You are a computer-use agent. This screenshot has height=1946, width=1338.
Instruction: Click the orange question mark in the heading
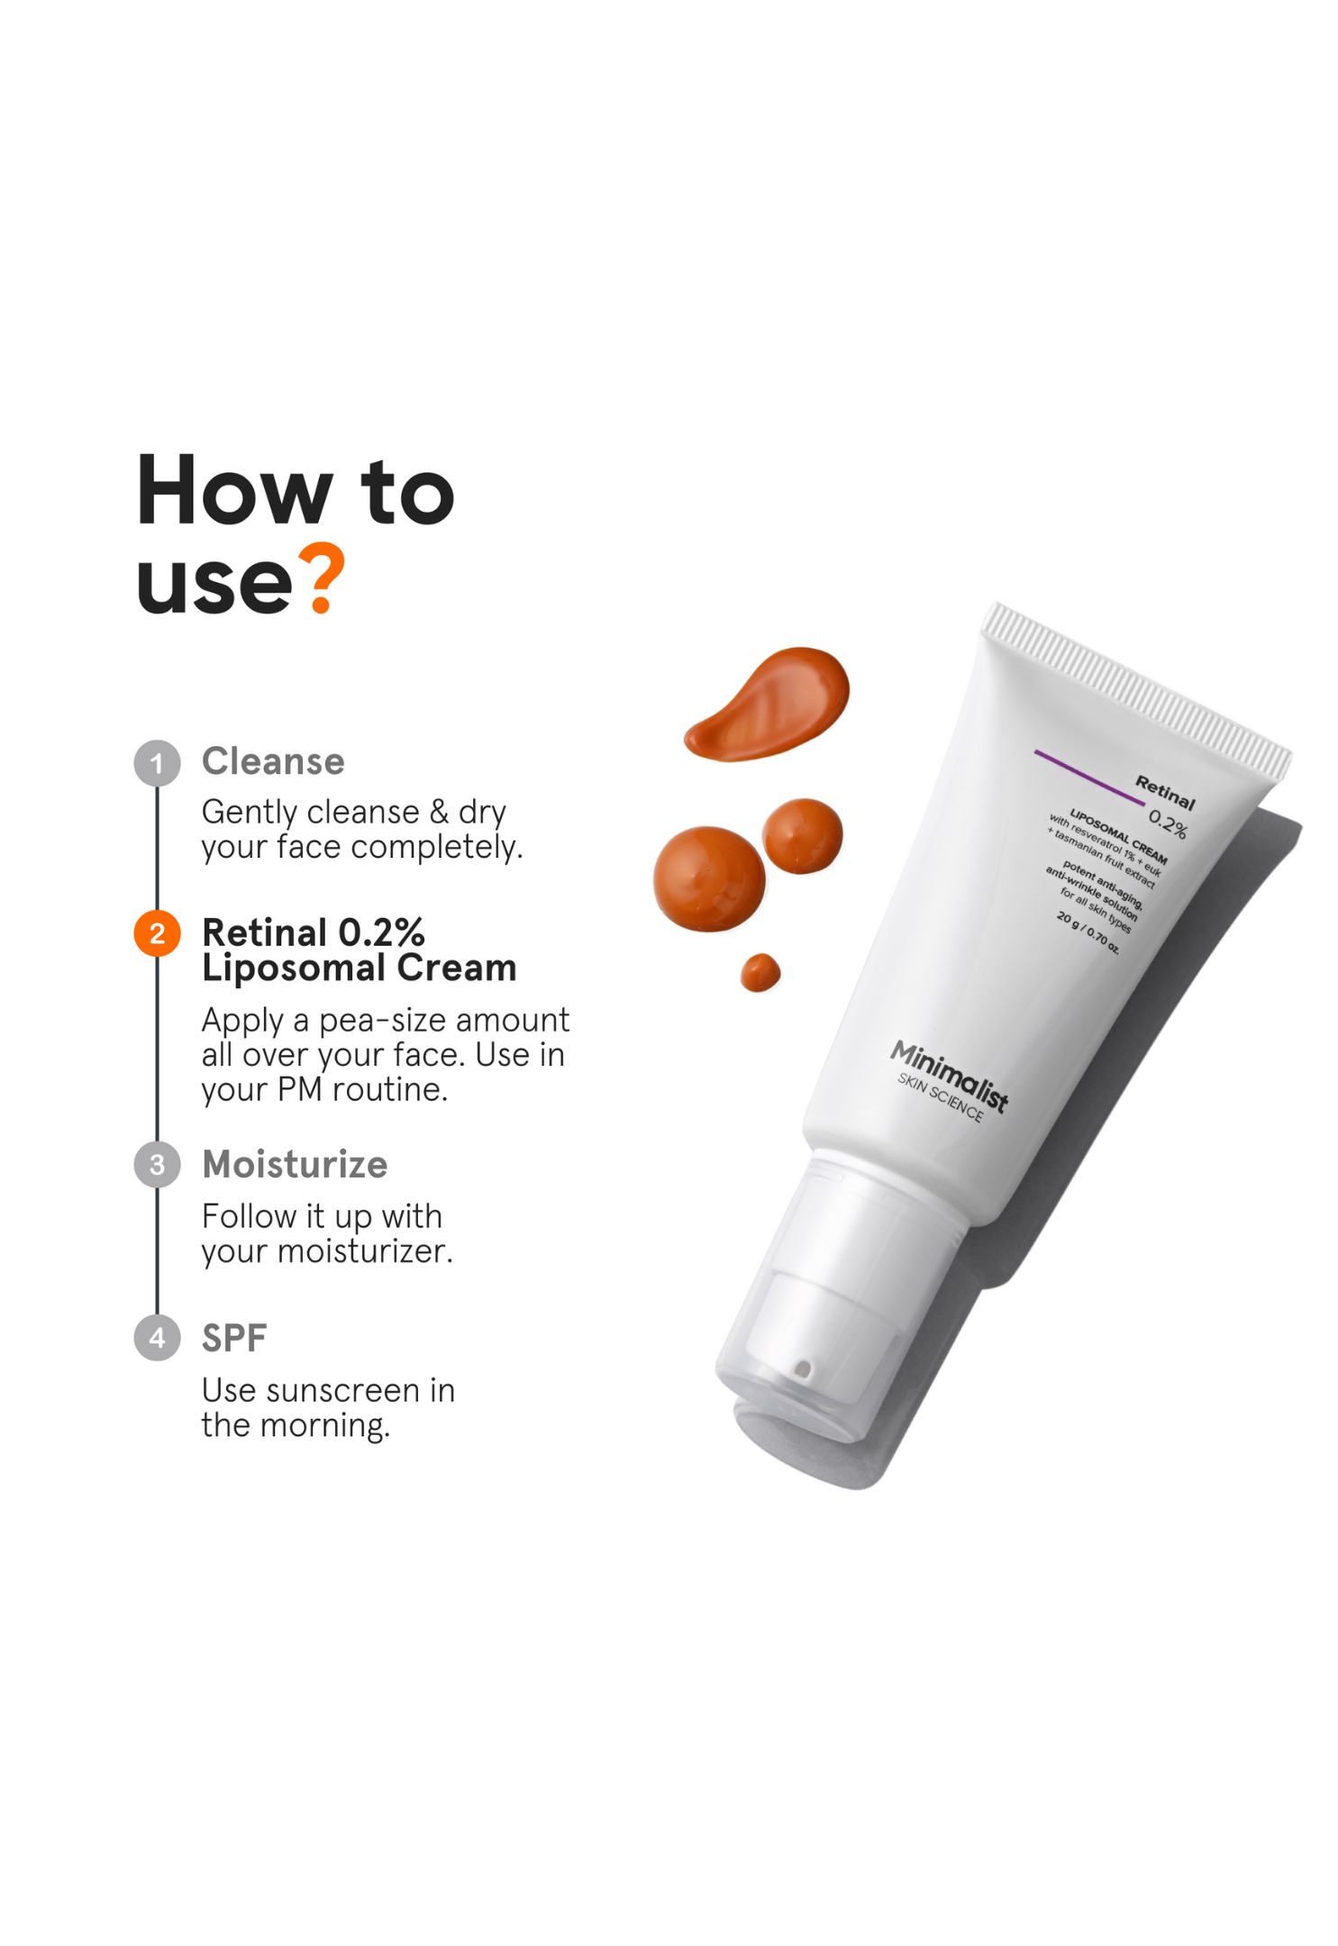tap(323, 578)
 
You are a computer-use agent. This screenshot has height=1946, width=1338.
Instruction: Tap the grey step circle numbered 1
tap(158, 763)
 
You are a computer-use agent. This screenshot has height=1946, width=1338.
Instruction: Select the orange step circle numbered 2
tap(158, 933)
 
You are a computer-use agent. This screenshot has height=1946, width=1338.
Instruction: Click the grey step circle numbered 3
tap(158, 1165)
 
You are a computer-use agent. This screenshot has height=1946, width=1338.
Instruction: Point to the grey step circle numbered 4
tap(158, 1338)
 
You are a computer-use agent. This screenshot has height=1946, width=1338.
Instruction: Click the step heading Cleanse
tap(273, 762)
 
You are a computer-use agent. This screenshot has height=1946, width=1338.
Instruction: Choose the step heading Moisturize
tap(295, 1165)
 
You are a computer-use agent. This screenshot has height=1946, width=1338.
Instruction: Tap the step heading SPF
tap(234, 1339)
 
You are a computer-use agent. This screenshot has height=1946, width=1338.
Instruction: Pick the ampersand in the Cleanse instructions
tap(439, 812)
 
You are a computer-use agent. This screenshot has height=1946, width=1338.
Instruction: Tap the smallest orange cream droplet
tap(760, 973)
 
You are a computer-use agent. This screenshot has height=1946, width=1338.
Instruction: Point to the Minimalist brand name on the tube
tap(949, 1075)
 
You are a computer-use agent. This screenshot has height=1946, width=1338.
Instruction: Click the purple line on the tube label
tap(1088, 776)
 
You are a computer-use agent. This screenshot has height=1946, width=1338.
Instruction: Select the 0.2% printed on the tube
tap(1167, 823)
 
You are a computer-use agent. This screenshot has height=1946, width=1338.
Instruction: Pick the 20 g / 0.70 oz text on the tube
tap(1088, 932)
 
